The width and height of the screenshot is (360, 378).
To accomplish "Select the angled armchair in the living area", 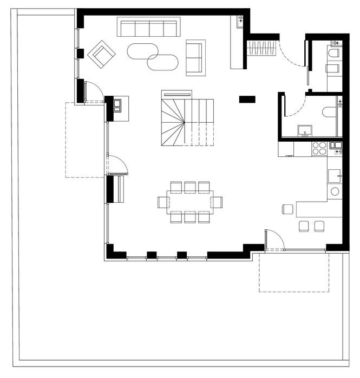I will pyautogui.click(x=102, y=54).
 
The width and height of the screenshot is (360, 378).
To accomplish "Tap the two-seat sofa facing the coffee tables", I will pyautogui.click(x=195, y=57).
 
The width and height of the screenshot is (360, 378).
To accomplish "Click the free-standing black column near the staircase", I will pyautogui.click(x=247, y=98).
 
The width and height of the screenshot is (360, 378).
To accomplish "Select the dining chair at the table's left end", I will pyautogui.click(x=163, y=203).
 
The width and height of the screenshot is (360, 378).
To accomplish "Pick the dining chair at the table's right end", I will pyautogui.click(x=217, y=202).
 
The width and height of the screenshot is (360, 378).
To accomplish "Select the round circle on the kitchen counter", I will pyautogui.click(x=335, y=191).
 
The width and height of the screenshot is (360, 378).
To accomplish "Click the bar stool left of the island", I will pyautogui.click(x=287, y=209).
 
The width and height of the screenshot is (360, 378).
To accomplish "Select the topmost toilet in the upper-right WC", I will pyautogui.click(x=334, y=53).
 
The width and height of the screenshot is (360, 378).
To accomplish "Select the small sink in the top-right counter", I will pyautogui.click(x=240, y=21).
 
